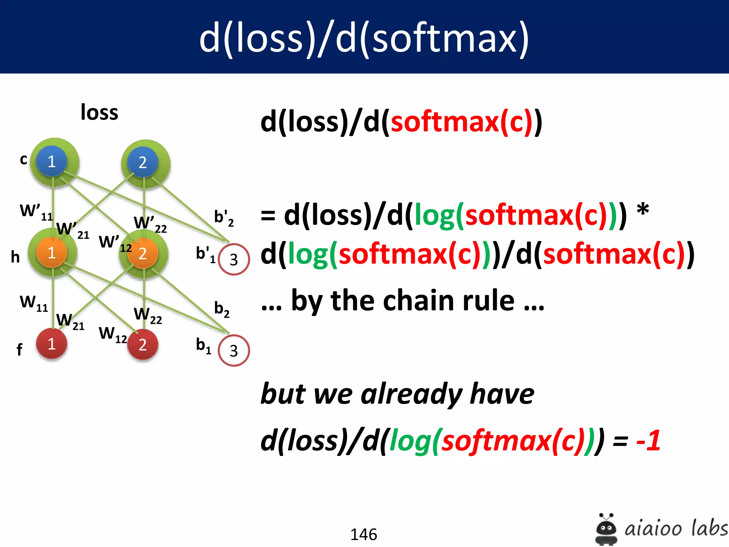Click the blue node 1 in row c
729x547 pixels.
click(x=52, y=161)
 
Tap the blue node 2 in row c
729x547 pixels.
click(x=143, y=162)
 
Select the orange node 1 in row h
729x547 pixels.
click(x=52, y=252)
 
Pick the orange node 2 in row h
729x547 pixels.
click(x=143, y=254)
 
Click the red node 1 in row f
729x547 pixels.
click(x=52, y=344)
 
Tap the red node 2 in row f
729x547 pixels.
click(x=143, y=345)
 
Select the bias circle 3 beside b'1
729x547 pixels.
click(x=234, y=260)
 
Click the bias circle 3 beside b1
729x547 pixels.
click(x=234, y=351)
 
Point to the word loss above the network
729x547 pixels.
click(x=99, y=113)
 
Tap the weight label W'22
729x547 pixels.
click(x=150, y=224)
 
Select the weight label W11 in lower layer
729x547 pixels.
click(x=34, y=303)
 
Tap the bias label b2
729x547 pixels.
click(x=222, y=309)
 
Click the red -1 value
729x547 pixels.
click(x=648, y=441)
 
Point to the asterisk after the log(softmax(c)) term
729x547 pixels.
click(x=643, y=210)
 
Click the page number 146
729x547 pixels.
click(x=363, y=534)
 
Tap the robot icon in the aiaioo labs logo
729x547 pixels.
click(x=606, y=529)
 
